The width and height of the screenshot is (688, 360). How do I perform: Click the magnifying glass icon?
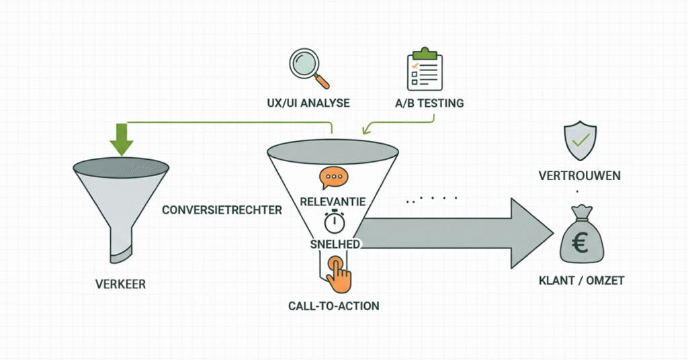pos(306,66)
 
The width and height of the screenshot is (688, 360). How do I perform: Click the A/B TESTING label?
pos(429,104)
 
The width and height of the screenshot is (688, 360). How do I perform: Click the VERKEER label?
pos(120,284)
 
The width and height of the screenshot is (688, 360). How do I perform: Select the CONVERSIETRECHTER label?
pos(221,210)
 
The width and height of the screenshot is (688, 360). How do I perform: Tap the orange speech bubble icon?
pos(333,178)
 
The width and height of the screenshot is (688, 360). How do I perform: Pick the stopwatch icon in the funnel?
pos(333,221)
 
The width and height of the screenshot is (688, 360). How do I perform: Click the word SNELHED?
pos(334,242)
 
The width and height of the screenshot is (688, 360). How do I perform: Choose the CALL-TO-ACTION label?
pos(333,306)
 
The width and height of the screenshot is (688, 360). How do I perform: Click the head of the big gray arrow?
pos(531,230)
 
